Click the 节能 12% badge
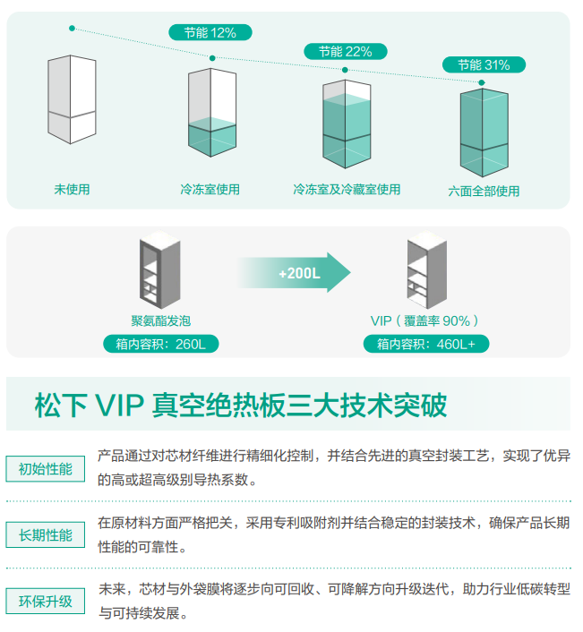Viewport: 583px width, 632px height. coord(210,32)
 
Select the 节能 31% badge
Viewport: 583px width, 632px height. coord(484,64)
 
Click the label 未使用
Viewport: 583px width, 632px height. coord(72,190)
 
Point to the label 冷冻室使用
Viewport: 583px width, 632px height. coord(210,190)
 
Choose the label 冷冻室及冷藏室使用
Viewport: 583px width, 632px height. coord(347,190)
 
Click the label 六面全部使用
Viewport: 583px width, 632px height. coord(484,191)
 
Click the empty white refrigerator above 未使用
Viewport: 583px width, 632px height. coord(72,98)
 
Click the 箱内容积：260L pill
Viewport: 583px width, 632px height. coord(160,344)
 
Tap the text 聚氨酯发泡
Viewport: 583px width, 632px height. coord(161,320)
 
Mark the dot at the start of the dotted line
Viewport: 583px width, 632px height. coord(72,29)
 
